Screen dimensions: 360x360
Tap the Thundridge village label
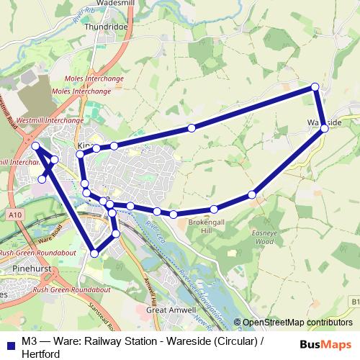(x=106, y=27)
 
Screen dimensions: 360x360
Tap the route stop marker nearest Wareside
(x=325, y=129)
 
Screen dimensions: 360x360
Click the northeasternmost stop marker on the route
(x=315, y=87)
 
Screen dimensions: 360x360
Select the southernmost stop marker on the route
(x=94, y=253)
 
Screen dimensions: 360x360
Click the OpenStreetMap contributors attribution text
(x=297, y=323)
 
